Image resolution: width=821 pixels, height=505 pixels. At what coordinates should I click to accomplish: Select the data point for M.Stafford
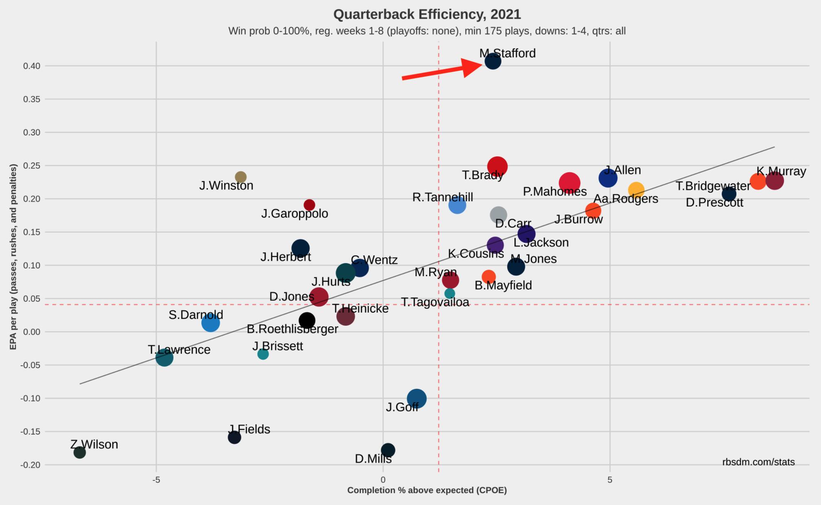(x=493, y=61)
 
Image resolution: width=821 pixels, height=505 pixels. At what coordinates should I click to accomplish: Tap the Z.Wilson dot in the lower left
(x=80, y=452)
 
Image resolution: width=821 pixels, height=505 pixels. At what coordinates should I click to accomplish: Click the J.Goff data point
(x=416, y=398)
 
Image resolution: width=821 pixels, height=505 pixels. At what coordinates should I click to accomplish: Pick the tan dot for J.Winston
(x=241, y=177)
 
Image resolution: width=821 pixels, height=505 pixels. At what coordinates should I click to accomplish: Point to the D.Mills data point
(x=388, y=450)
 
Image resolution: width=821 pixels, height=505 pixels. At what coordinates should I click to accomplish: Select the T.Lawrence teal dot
(x=164, y=358)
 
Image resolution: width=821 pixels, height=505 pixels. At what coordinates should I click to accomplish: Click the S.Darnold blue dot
(x=210, y=323)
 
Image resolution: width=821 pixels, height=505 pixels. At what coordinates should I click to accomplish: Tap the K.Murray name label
(x=781, y=171)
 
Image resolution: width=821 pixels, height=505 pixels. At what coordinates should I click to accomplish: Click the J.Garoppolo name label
(x=295, y=213)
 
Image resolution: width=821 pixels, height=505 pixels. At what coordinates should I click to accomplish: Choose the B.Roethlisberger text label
(x=293, y=329)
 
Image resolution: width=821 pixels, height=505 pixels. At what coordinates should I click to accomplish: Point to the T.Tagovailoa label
(x=435, y=302)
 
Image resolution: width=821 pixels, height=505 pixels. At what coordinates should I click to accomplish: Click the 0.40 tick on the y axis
(x=31, y=66)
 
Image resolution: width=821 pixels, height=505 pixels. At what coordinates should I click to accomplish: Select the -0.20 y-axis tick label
(x=31, y=465)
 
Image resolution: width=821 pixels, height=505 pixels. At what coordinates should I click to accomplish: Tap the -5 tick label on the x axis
(x=156, y=480)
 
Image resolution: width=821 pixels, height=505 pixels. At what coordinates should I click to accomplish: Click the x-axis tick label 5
(x=609, y=480)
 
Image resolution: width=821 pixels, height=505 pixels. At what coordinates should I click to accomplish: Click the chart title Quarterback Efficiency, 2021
(x=427, y=14)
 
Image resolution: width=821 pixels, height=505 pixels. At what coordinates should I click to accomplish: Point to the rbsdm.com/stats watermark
(x=758, y=462)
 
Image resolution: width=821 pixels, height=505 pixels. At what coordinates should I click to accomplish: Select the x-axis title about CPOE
(x=427, y=490)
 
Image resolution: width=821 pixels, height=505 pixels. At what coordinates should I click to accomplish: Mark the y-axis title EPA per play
(x=13, y=257)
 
